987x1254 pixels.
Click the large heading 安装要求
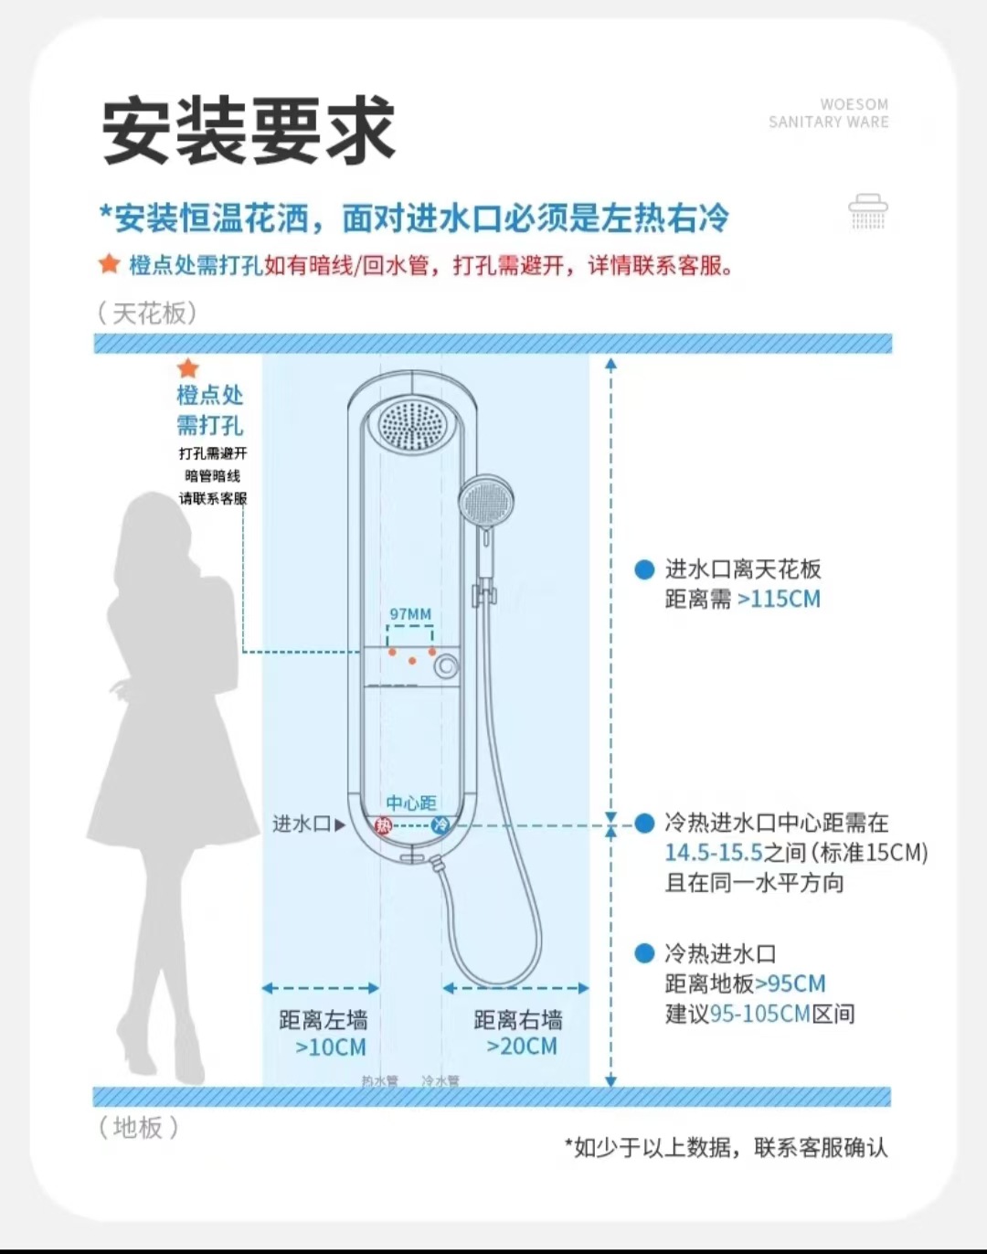(x=248, y=130)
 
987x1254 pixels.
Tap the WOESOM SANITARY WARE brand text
(x=829, y=113)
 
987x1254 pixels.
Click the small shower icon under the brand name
(x=867, y=212)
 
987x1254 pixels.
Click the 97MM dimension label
(x=410, y=614)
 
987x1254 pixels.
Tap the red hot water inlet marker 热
(x=383, y=825)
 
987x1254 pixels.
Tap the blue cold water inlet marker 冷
(x=440, y=825)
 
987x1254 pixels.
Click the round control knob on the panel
(x=446, y=665)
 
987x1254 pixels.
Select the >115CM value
(x=779, y=600)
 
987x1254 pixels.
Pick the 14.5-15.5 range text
(x=713, y=853)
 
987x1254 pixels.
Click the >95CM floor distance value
(x=791, y=983)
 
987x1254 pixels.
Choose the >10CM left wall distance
(x=330, y=1047)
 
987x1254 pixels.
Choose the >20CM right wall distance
(x=521, y=1047)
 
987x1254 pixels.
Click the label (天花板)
(x=146, y=313)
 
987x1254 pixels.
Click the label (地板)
(x=138, y=1127)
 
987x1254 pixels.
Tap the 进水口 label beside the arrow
(x=301, y=824)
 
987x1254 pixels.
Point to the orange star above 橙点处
(x=188, y=368)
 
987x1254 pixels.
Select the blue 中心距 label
(x=410, y=802)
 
